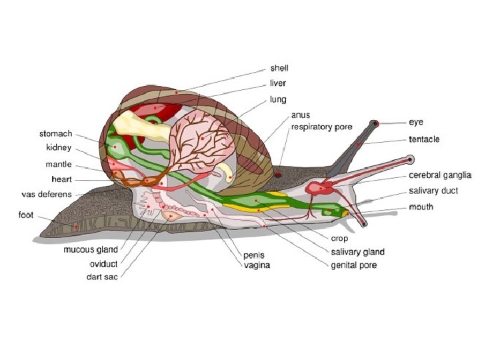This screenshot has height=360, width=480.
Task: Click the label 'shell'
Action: point(279,68)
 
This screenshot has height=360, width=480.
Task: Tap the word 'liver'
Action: point(277,83)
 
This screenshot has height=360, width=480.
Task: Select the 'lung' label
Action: point(278,99)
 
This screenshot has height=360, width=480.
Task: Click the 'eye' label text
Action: point(416,123)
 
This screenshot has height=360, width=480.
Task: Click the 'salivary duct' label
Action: point(433,191)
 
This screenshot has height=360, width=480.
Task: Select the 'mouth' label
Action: point(421,207)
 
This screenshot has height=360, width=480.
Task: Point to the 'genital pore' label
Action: point(354,265)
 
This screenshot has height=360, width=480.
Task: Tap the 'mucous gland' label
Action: point(91,250)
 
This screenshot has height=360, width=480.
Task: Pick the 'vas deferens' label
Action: point(46,194)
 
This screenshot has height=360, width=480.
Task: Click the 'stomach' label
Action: point(56,133)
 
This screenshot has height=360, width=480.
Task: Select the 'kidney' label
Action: point(59,148)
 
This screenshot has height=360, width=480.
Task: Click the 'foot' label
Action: point(26,215)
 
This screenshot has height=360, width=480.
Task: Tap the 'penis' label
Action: point(253,255)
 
